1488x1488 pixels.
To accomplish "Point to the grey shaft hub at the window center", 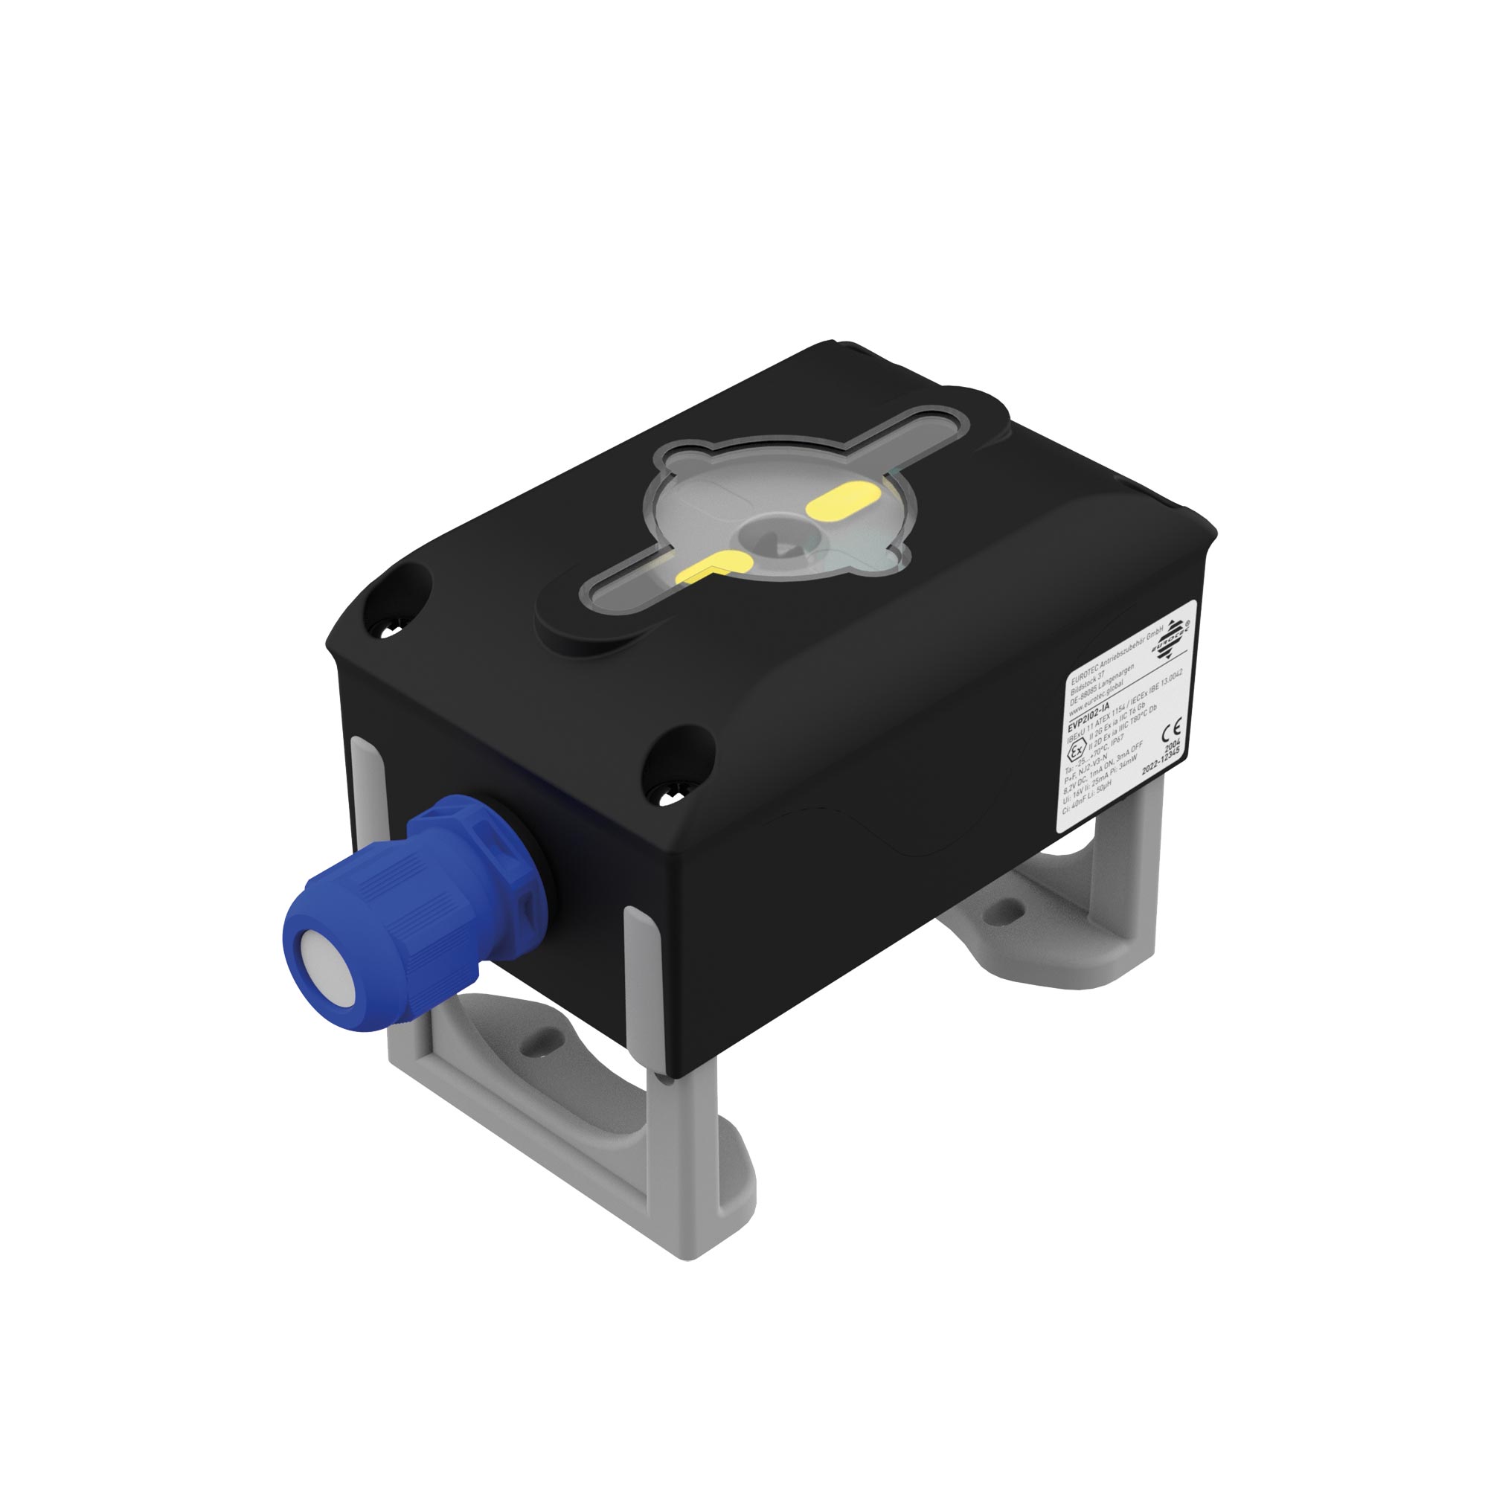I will pyautogui.click(x=775, y=537).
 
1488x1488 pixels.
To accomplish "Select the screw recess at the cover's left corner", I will pyautogui.click(x=389, y=630).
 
